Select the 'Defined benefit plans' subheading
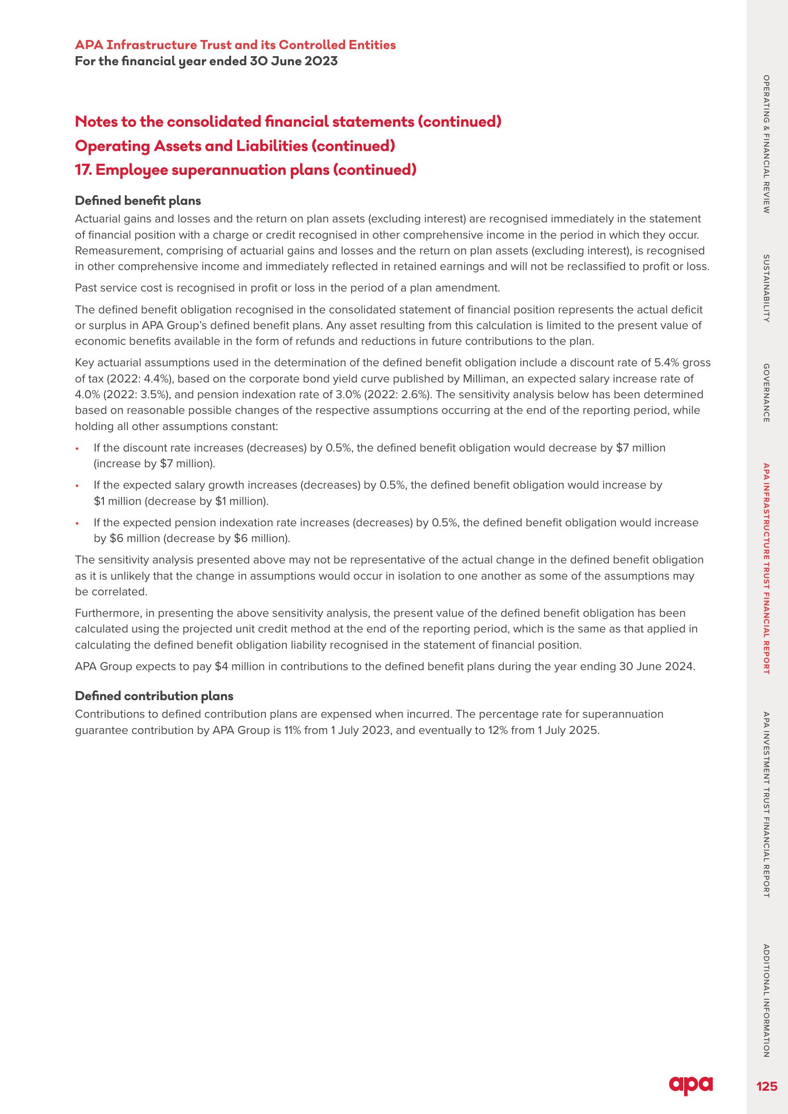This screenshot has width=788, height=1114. click(x=138, y=201)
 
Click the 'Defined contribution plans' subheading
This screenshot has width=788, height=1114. click(x=154, y=696)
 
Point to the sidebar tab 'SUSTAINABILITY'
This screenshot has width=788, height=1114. click(x=766, y=288)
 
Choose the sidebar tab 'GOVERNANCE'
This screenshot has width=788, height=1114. click(x=766, y=392)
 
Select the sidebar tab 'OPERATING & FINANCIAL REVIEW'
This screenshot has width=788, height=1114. click(x=766, y=144)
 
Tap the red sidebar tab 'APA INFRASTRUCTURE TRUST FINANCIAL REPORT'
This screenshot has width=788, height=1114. click(x=766, y=569)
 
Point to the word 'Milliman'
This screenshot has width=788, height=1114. click(x=485, y=379)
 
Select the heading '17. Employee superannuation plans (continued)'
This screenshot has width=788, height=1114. click(x=245, y=171)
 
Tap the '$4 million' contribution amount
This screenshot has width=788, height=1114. click(x=239, y=666)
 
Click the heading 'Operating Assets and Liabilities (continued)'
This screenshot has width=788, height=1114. click(x=235, y=146)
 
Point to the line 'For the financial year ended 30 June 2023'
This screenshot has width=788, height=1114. click(x=206, y=61)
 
